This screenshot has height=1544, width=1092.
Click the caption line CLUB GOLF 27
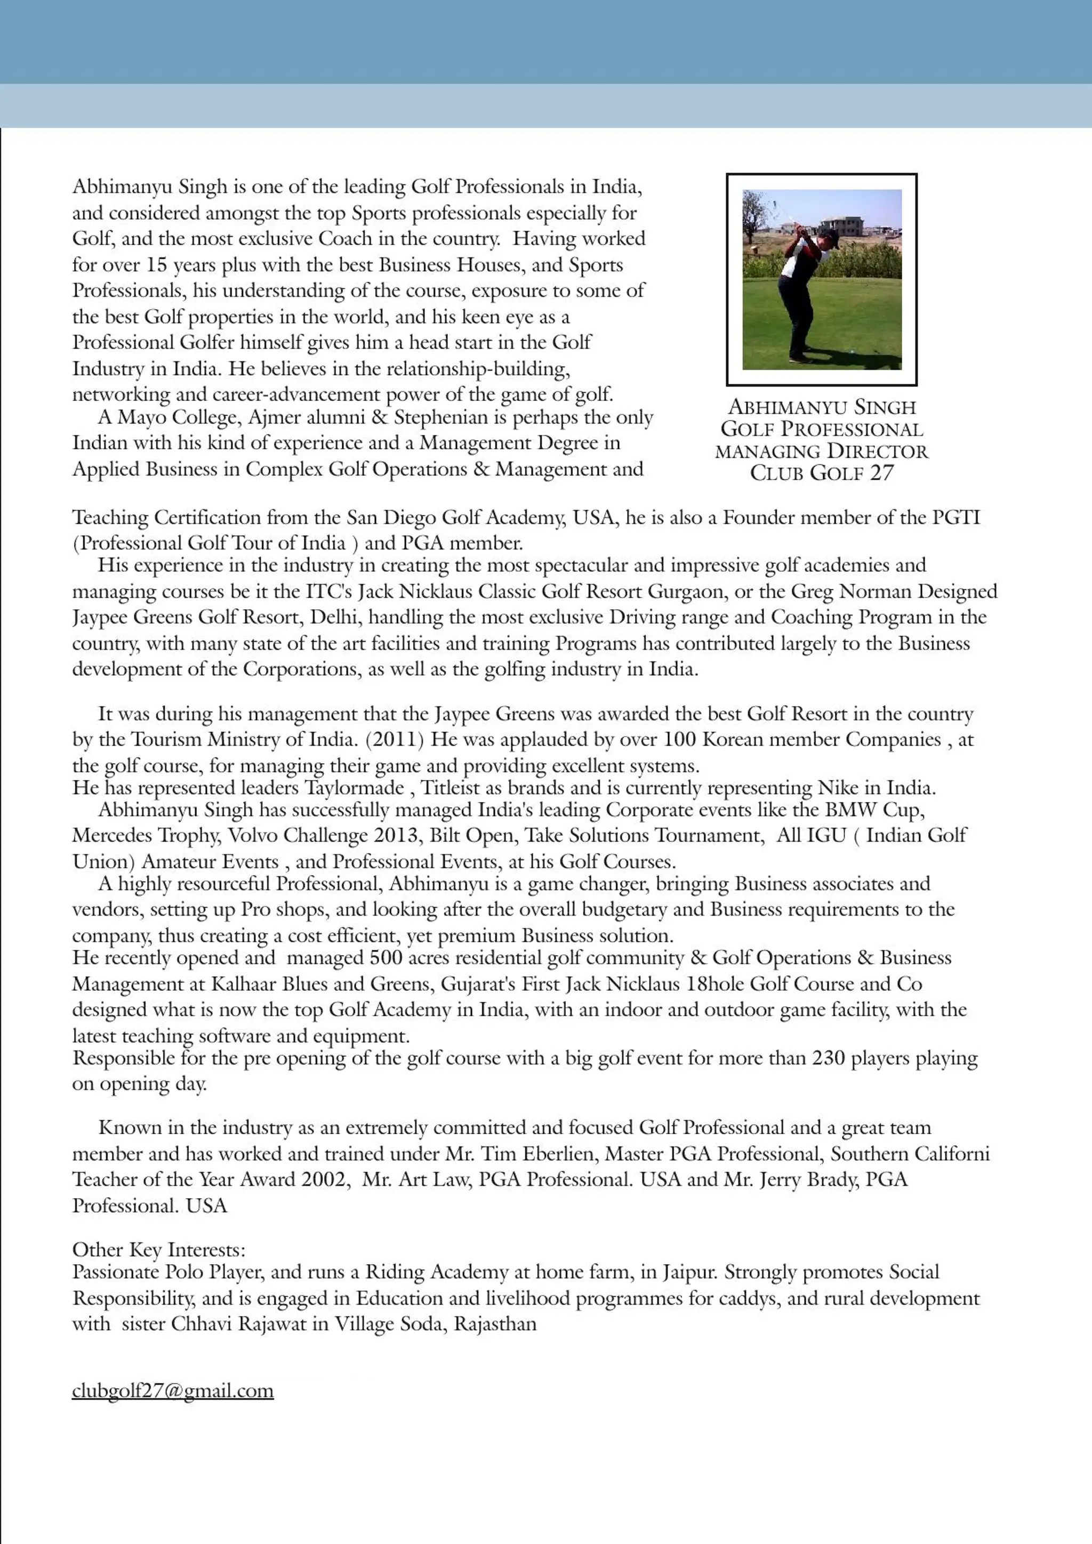point(822,473)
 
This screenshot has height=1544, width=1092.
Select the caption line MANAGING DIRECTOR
point(822,451)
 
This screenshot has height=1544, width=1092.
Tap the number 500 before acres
point(386,958)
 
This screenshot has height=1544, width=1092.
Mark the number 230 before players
point(828,1058)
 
